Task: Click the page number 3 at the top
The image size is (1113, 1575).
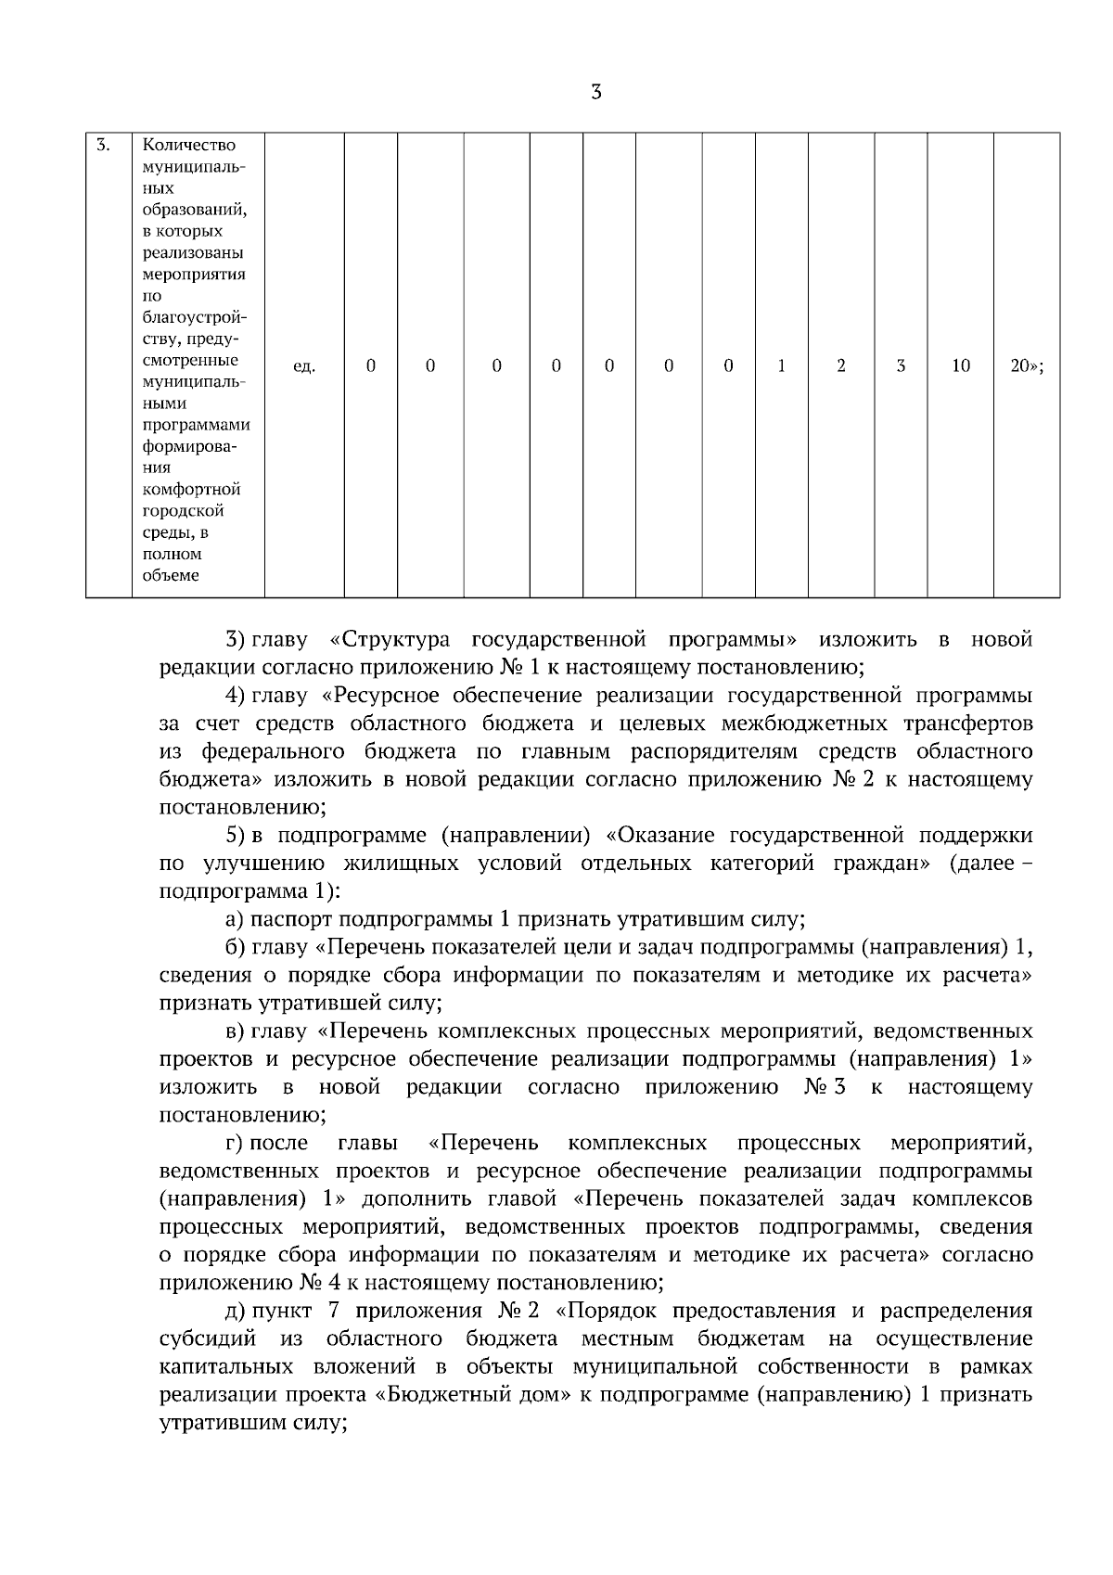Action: pos(595,92)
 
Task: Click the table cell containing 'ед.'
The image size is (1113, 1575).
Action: pos(304,366)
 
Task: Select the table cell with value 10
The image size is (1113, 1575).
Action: pos(960,366)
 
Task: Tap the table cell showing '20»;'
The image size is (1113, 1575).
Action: pos(1027,366)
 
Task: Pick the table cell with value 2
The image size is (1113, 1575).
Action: pos(841,366)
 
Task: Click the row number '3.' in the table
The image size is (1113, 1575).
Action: pos(105,145)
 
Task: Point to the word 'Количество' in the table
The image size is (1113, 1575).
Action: pos(189,145)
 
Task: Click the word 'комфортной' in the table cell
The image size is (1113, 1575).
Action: pos(191,489)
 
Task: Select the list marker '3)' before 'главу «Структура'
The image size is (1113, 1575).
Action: pos(235,640)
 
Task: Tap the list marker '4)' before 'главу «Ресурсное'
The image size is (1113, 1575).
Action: pos(235,696)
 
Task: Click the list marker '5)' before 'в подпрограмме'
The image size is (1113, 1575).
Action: pos(235,836)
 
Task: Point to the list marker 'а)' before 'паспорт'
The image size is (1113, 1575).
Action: pos(235,919)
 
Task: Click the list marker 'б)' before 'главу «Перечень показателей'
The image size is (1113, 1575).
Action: pos(235,947)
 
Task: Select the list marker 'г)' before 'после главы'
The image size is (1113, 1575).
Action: pos(234,1143)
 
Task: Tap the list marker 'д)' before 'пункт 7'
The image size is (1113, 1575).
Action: pos(235,1311)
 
